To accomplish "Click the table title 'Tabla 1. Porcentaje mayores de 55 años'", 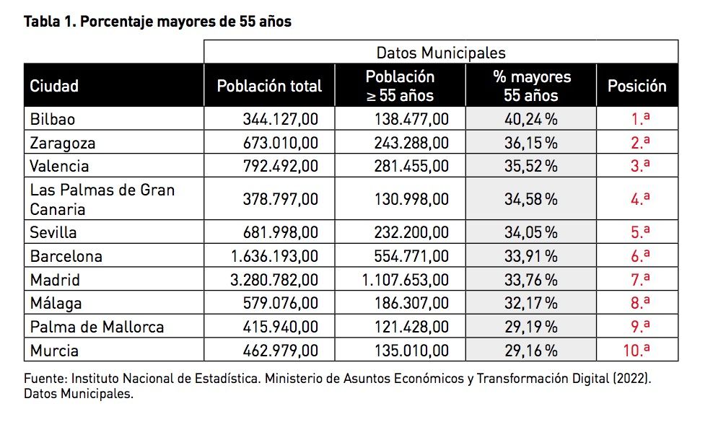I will click(157, 22).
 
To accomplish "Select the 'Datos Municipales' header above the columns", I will click(440, 53).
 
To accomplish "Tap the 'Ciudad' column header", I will click(54, 87).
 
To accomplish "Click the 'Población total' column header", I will click(269, 87).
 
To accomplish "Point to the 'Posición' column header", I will click(637, 87).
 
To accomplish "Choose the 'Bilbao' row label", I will click(53, 119).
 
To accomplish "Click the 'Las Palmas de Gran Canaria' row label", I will click(102, 200).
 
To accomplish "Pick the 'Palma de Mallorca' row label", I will click(97, 327).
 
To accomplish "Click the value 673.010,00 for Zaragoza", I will click(280, 143).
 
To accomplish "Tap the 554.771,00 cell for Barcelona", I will click(411, 256).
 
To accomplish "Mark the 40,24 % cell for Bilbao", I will click(530, 119).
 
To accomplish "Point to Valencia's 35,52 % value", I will click(530, 166).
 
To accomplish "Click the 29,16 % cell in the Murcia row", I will click(530, 351).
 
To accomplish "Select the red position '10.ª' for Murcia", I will click(637, 351).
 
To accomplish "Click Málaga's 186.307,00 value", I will click(411, 303).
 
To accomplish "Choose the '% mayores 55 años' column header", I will click(531, 87).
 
